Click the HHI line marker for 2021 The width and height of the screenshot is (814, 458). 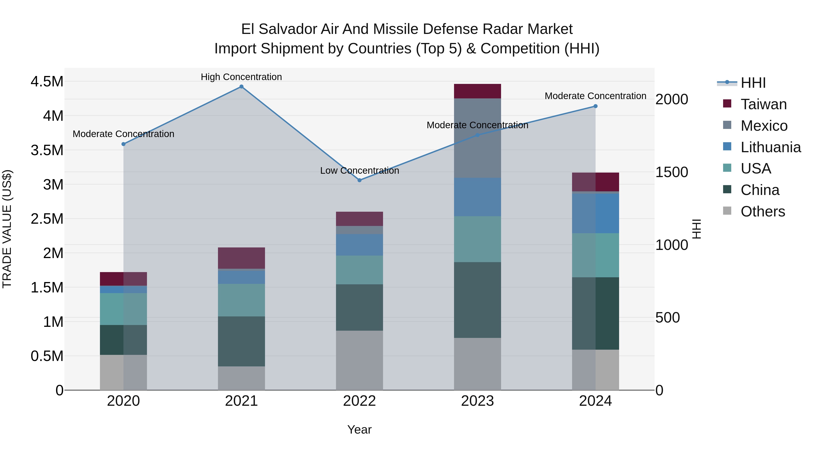(241, 87)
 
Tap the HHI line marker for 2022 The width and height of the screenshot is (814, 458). (359, 180)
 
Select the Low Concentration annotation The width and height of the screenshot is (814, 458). (360, 171)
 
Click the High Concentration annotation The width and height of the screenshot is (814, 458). (241, 77)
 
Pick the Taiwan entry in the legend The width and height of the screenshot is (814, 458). (763, 104)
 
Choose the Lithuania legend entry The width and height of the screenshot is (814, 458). (770, 147)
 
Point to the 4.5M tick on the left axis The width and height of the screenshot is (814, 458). (47, 82)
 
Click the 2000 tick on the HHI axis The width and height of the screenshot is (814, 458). (672, 99)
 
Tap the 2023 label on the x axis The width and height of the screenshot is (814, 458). (478, 401)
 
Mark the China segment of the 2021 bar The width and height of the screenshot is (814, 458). (241, 341)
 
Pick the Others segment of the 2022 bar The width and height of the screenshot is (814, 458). (359, 360)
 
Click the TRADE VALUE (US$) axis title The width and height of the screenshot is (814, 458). (7, 229)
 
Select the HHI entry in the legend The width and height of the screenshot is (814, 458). (753, 83)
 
